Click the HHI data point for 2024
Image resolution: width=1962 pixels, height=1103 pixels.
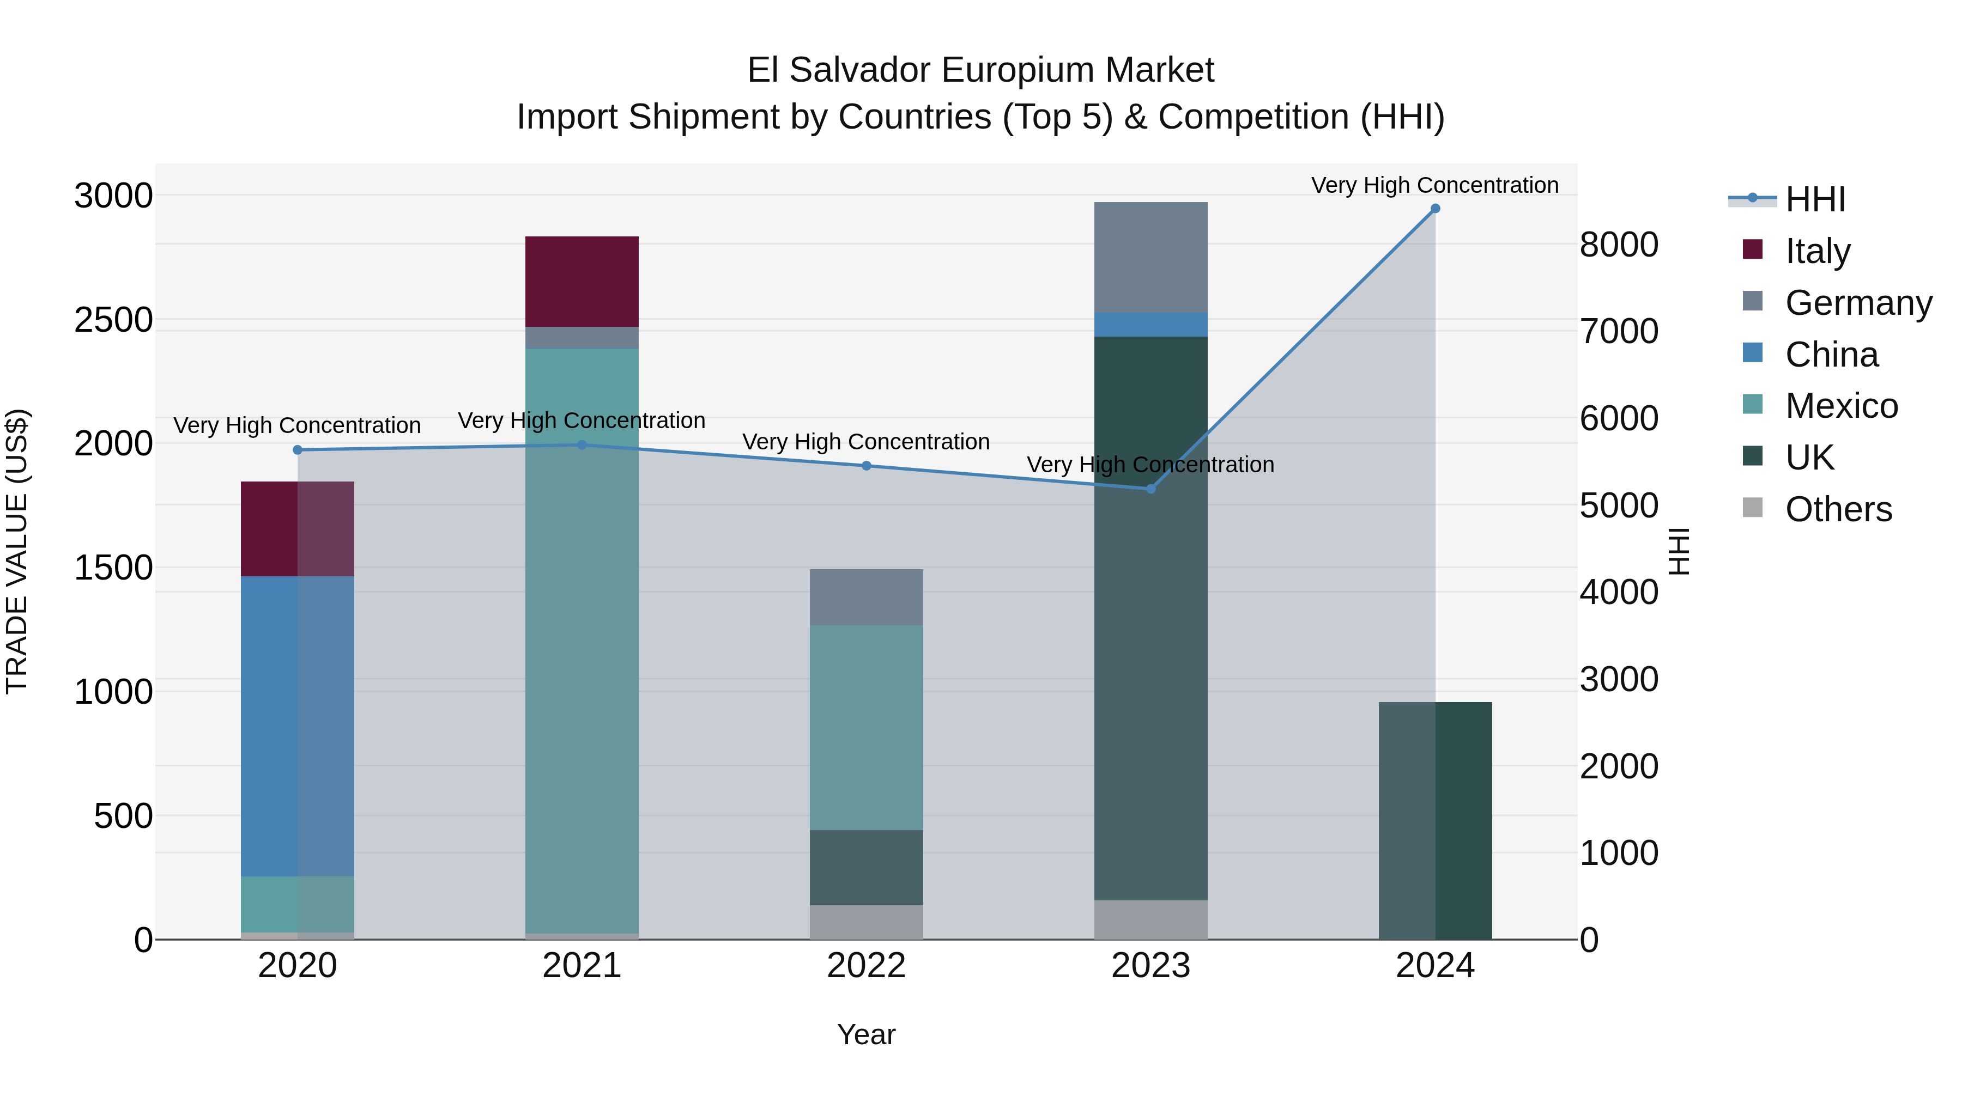pyautogui.click(x=1435, y=209)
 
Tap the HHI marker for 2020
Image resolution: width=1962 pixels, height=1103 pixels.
pyautogui.click(x=298, y=450)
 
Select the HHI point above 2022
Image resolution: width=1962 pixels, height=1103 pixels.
pyautogui.click(x=866, y=466)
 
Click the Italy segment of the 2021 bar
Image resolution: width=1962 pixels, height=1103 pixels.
pyautogui.click(x=582, y=282)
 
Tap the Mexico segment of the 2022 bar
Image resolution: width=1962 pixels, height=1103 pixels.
pyautogui.click(x=866, y=728)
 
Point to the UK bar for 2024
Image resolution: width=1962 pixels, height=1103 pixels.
pyautogui.click(x=1435, y=821)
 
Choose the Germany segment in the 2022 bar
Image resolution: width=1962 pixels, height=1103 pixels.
pyautogui.click(x=866, y=598)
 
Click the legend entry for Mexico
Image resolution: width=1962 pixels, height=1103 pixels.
pyautogui.click(x=1841, y=406)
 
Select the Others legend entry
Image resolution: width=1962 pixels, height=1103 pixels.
pyautogui.click(x=1838, y=510)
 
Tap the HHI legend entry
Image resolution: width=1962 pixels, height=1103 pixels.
pyautogui.click(x=1815, y=199)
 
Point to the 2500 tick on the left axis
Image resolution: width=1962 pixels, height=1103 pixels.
pyautogui.click(x=113, y=320)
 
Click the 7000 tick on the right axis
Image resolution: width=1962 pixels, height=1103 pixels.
pyautogui.click(x=1619, y=332)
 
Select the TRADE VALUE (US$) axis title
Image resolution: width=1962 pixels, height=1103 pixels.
pyautogui.click(x=17, y=551)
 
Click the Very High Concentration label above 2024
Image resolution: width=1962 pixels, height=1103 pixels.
pyautogui.click(x=1435, y=185)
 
